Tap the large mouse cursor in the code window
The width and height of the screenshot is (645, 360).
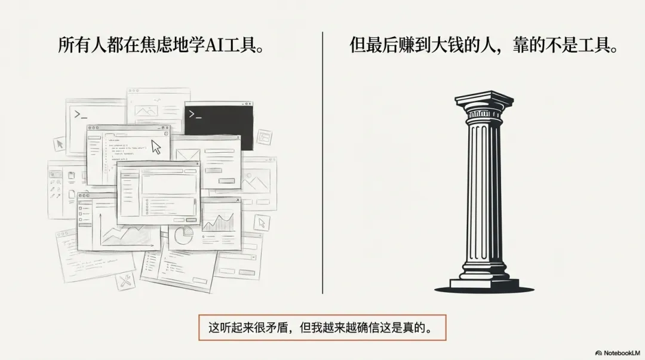(156, 147)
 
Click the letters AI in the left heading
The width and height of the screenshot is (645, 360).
(214, 46)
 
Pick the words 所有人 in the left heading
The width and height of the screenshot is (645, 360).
(78, 46)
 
